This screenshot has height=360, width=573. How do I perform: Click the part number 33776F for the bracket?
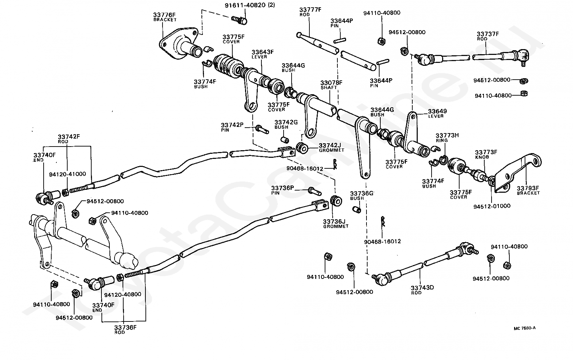(x=164, y=15)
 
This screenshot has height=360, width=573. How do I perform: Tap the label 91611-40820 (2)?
(x=250, y=5)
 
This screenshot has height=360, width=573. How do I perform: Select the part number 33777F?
(x=310, y=10)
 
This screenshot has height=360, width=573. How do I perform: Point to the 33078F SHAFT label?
(x=331, y=85)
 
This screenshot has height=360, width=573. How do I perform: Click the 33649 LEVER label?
(x=437, y=113)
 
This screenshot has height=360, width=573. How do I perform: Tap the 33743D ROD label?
(x=422, y=290)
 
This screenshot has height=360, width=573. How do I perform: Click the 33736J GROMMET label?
(x=336, y=224)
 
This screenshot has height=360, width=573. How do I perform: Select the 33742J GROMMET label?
(x=331, y=148)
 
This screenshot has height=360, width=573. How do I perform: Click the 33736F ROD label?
(x=125, y=329)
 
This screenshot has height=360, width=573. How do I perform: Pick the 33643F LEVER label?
(x=263, y=54)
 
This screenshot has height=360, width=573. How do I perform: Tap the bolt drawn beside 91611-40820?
(x=239, y=20)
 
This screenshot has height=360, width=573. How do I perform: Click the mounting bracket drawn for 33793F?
(x=517, y=173)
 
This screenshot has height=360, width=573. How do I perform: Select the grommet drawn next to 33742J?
(x=302, y=148)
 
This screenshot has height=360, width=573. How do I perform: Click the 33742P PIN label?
(x=232, y=127)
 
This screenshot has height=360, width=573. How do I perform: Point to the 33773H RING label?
(x=447, y=138)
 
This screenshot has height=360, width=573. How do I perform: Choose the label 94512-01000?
(x=492, y=206)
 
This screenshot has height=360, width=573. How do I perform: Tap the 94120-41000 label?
(x=68, y=174)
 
